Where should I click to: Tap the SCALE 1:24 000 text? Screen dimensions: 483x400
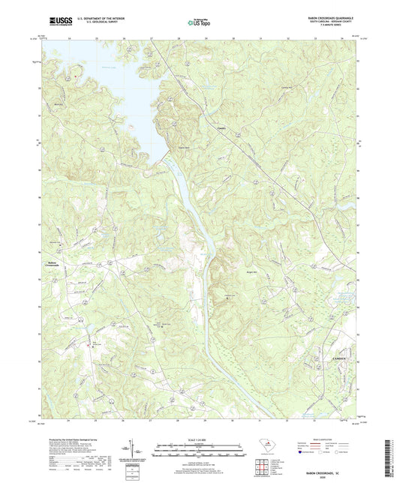(x=200, y=439)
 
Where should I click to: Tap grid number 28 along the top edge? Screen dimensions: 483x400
(x=179, y=37)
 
